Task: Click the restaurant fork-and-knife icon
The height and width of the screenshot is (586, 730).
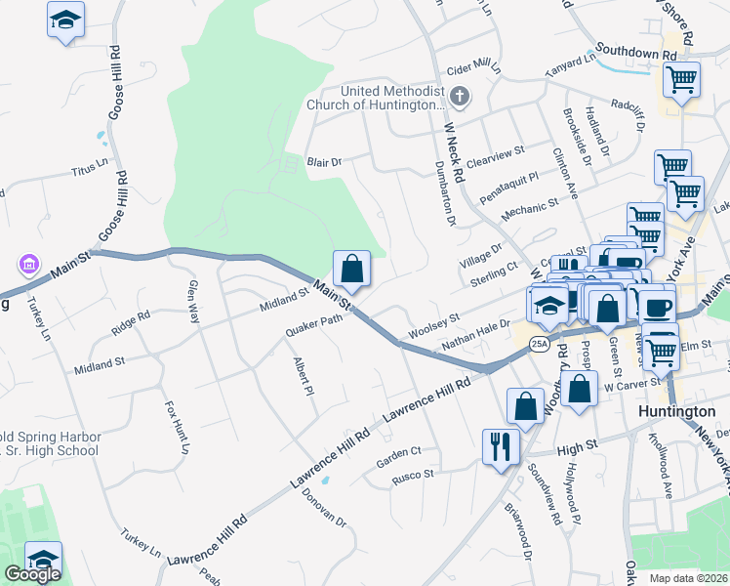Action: pos(502,447)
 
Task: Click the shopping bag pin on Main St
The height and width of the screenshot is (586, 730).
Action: pos(352,269)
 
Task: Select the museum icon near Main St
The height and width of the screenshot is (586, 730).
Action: pos(27,265)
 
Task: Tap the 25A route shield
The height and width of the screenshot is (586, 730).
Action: pos(539,345)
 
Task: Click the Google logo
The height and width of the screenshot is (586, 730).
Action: pos(31,574)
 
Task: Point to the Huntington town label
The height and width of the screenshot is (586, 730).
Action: pos(675,412)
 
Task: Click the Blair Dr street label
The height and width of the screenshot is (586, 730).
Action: pos(325,162)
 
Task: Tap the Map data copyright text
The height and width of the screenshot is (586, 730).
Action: pos(688,578)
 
